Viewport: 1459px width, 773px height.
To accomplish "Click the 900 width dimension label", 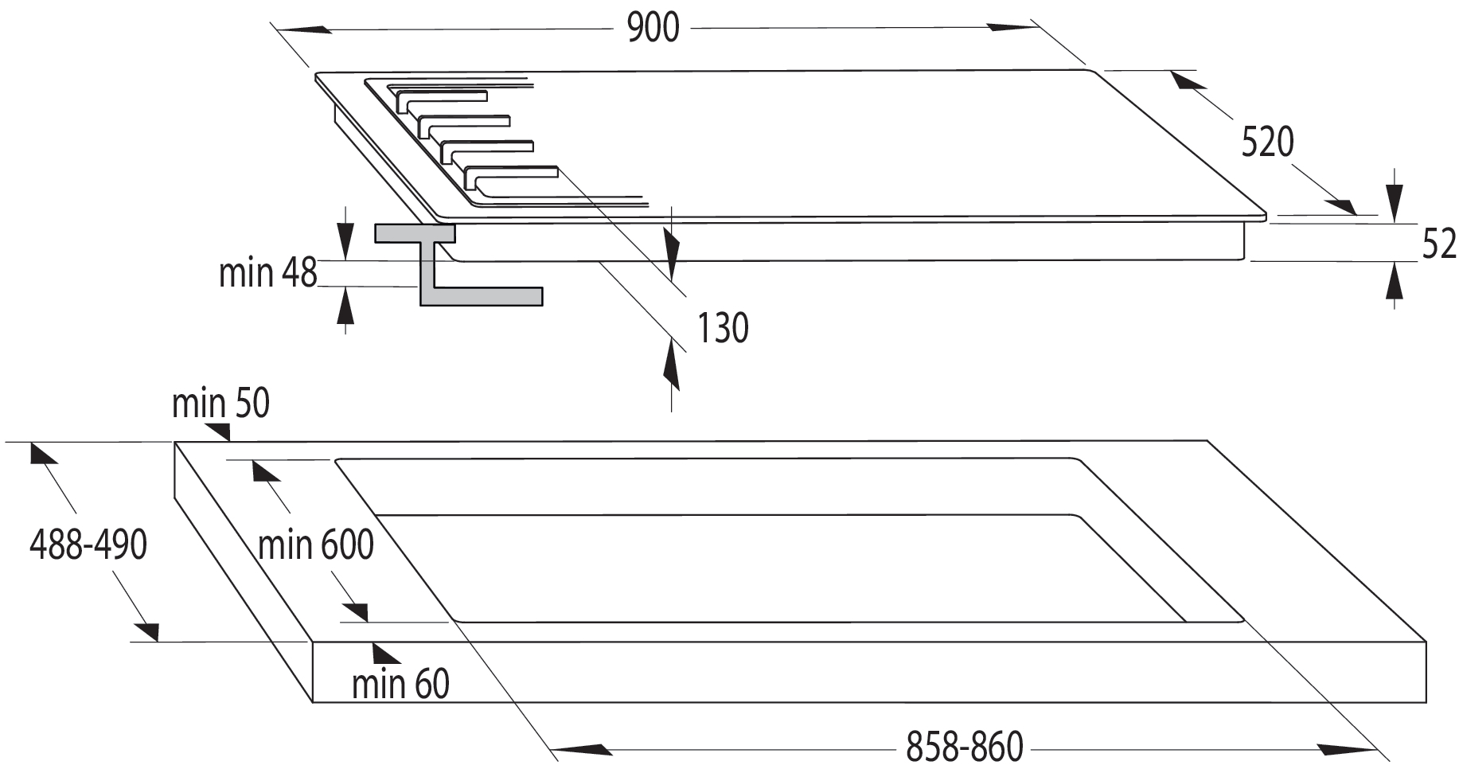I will (x=653, y=29).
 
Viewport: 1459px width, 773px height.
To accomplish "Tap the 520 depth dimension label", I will (x=1267, y=142).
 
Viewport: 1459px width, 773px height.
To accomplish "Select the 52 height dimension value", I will (x=1438, y=244).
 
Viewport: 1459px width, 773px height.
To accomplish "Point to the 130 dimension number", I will (x=723, y=328).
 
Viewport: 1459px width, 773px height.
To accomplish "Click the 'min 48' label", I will (x=268, y=273).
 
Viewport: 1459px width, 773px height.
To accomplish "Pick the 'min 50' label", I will (x=220, y=404).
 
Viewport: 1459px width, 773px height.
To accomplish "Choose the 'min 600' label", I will (x=316, y=546).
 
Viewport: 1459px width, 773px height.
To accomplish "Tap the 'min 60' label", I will (x=400, y=684).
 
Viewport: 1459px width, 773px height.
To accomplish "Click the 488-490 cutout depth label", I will (x=88, y=545).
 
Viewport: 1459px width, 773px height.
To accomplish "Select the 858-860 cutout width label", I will (x=965, y=748).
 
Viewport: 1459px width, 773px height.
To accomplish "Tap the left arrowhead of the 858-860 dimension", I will (x=581, y=749).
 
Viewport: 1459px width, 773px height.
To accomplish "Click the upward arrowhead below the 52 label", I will (x=1394, y=283).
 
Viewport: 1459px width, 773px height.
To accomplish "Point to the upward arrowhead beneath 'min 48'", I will (x=345, y=306).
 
